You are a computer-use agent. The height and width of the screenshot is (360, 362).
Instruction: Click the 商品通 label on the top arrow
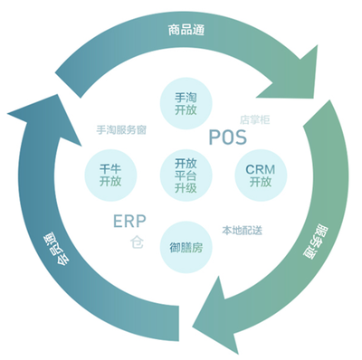coord(186,30)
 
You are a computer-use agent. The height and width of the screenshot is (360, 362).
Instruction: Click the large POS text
coord(227,137)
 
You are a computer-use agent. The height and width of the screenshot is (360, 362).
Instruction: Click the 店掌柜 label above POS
coord(255,118)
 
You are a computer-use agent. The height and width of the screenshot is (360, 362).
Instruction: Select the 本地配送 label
coord(242,230)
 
